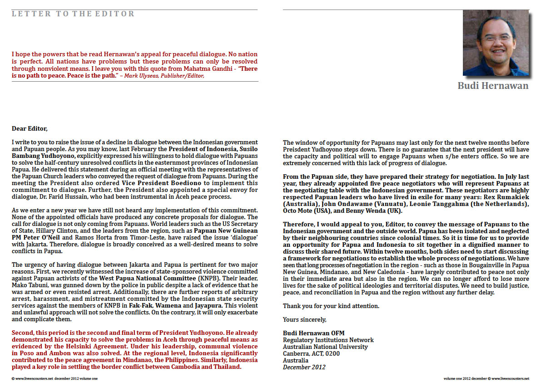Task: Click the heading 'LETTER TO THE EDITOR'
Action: click(x=73, y=14)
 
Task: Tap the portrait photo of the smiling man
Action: click(x=496, y=43)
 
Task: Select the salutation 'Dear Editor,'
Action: click(x=30, y=129)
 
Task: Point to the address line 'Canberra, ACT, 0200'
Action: click(x=311, y=353)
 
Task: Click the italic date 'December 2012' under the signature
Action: click(x=304, y=367)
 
